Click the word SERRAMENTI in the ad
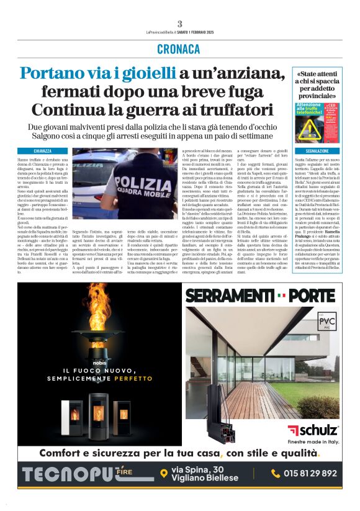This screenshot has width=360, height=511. [231, 294]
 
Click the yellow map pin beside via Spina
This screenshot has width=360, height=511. [164, 474]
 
